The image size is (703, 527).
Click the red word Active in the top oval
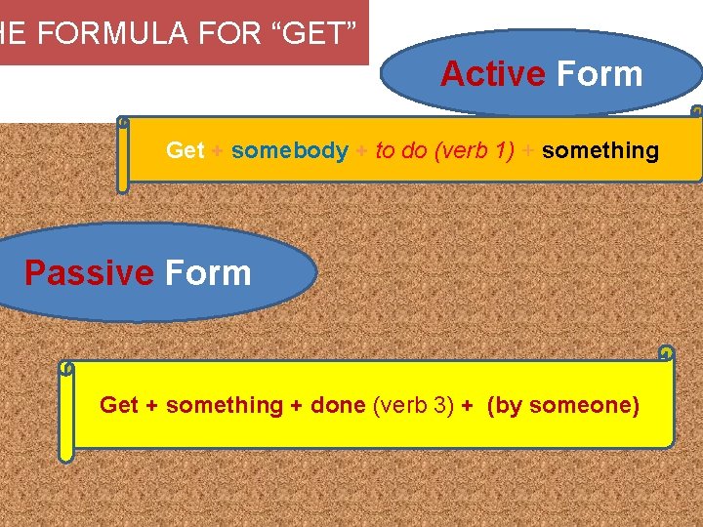493,74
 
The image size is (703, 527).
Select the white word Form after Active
599,74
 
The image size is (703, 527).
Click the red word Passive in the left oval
89,273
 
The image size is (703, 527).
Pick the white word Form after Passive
208,273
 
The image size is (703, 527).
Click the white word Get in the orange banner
185,150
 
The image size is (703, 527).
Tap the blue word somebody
290,150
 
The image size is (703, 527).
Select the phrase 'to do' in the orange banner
399,150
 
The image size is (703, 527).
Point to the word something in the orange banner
600,150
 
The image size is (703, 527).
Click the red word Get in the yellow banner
119,405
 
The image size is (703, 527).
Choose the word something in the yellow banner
225,405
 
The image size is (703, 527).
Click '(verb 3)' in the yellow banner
414,405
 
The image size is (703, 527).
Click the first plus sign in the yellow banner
152,405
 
